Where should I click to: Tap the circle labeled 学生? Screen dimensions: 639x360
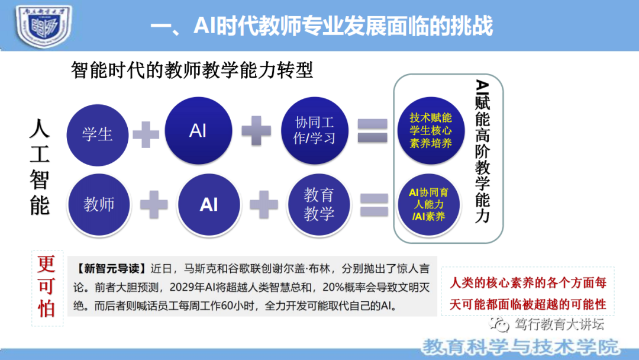[97, 134]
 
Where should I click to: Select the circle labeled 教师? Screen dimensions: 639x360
[99, 204]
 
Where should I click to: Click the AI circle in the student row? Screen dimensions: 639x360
[198, 131]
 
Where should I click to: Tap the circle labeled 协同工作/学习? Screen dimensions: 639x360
[315, 130]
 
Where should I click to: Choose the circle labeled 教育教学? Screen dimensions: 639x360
[319, 204]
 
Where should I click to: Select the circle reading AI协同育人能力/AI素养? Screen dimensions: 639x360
[429, 204]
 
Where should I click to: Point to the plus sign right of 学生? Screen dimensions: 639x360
[146, 134]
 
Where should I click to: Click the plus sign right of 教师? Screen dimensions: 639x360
[154, 204]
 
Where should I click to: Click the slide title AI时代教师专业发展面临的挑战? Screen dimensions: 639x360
[321, 26]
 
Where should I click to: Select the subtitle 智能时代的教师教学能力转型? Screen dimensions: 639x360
[192, 70]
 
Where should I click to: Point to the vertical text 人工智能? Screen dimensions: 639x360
[40, 168]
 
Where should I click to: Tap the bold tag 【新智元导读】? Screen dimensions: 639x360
[111, 269]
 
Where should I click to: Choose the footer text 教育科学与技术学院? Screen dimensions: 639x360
[521, 346]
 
